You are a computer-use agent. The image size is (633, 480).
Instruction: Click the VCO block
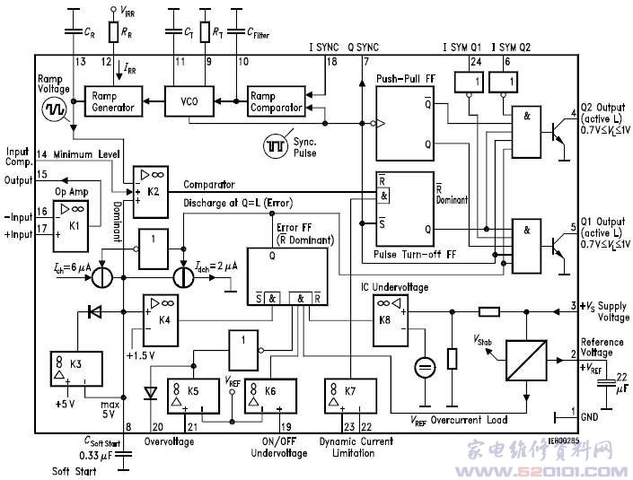pyautogui.click(x=187, y=101)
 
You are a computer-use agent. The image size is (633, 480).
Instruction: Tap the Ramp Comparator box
pyautogui.click(x=276, y=101)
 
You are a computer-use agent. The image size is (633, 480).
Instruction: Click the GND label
pyautogui.click(x=590, y=416)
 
